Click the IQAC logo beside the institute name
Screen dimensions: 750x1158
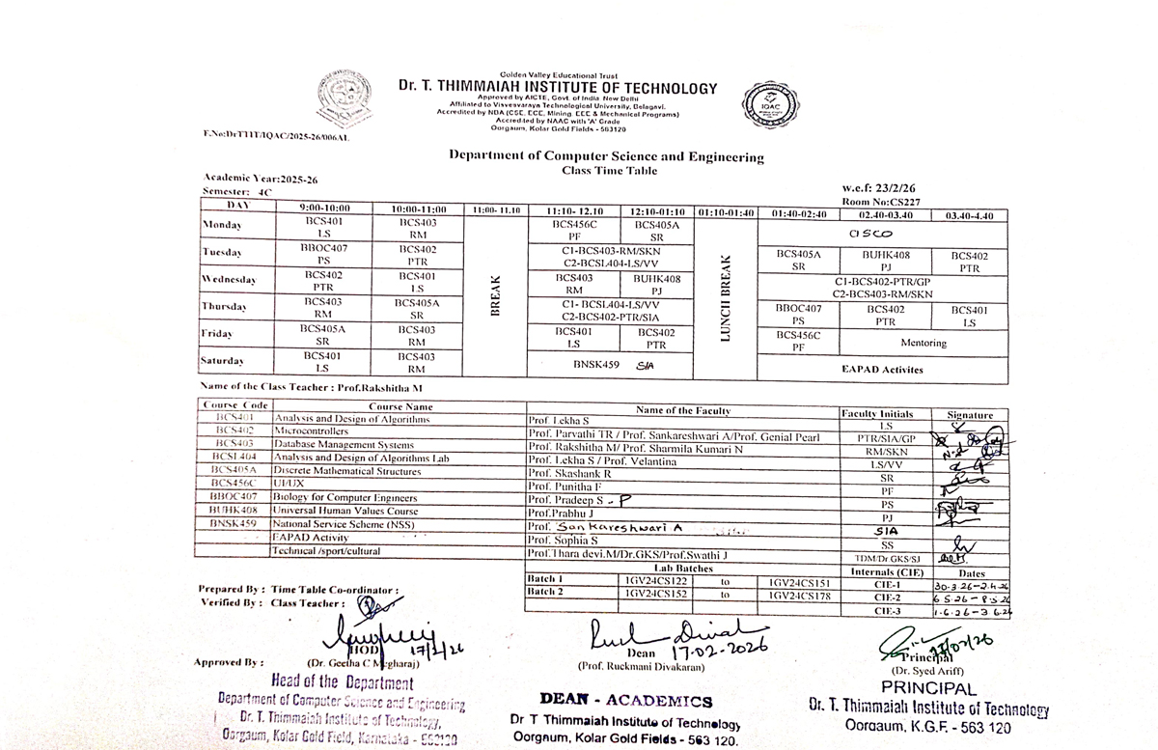pos(769,107)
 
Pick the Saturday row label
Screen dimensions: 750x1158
pos(221,361)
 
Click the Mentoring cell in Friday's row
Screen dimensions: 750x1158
pos(923,343)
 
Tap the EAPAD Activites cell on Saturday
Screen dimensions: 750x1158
pos(883,369)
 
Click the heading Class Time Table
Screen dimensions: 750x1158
pos(608,171)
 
